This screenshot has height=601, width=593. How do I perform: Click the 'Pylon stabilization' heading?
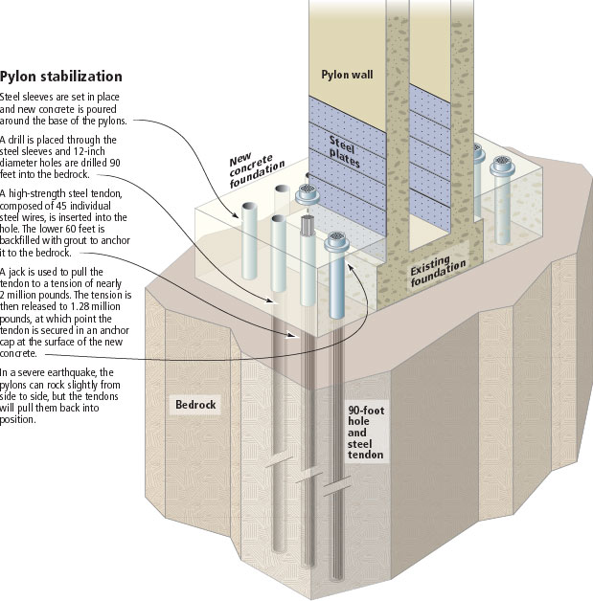coord(61,77)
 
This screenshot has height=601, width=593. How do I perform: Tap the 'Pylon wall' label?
coord(347,75)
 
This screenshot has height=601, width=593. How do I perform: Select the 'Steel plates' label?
coord(344,152)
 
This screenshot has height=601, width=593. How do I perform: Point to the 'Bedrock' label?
coord(195,405)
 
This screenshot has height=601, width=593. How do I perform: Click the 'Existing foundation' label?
coord(438,272)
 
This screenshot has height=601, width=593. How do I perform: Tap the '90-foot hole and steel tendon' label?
coord(366,433)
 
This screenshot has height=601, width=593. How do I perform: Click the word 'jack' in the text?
coord(17,272)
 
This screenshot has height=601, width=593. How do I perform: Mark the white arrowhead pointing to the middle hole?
coord(291,336)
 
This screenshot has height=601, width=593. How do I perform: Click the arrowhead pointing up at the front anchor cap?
coord(350,267)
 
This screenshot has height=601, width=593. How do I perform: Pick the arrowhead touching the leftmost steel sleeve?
coord(235,215)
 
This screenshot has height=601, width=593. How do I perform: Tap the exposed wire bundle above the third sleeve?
coord(308,225)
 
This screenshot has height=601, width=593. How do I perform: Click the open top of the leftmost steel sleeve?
coord(249,206)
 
